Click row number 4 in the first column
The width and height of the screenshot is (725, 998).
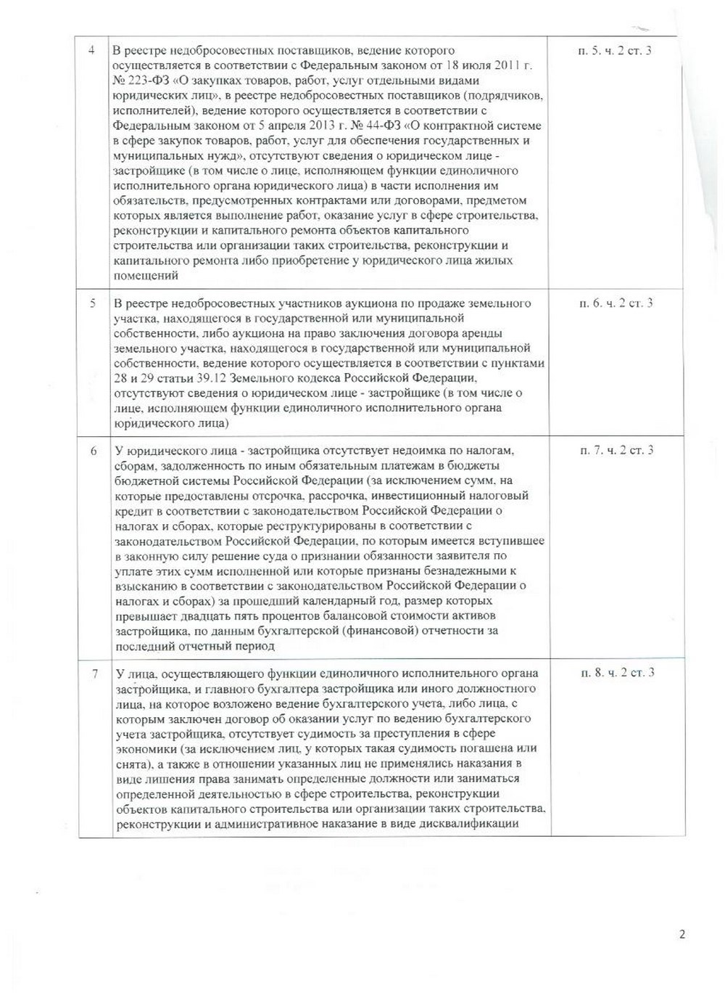[x=91, y=50]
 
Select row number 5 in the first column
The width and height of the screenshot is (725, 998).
[x=93, y=303]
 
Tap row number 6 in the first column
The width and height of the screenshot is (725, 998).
[x=94, y=451]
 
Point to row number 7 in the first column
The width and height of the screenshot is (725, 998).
[x=94, y=673]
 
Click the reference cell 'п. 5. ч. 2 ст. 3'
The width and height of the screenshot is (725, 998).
[x=616, y=50]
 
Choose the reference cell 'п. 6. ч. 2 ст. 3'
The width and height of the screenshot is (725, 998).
[x=616, y=303]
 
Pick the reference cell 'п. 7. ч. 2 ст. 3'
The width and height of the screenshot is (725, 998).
[x=617, y=451]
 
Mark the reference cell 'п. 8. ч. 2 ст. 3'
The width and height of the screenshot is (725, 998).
[x=618, y=673]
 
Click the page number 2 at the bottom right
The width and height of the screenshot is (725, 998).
[x=682, y=934]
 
